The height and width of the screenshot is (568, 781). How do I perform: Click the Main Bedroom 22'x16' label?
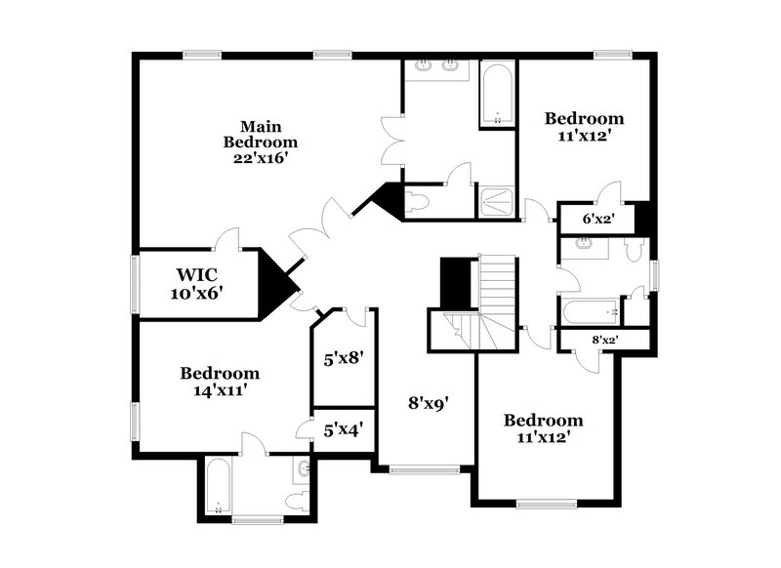click(x=255, y=141)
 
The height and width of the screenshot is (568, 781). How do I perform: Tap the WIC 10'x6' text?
click(x=199, y=283)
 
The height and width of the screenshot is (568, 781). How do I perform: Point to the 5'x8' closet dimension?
click(x=343, y=358)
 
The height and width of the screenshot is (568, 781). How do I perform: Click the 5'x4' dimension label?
click(x=343, y=428)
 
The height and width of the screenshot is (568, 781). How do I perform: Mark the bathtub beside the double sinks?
click(x=498, y=95)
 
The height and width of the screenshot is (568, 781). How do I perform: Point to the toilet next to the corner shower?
click(x=418, y=203)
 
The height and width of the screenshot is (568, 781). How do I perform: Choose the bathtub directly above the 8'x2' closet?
click(x=589, y=312)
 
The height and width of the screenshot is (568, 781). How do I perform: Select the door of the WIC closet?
click(x=227, y=239)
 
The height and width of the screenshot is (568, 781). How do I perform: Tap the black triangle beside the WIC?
click(x=277, y=282)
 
